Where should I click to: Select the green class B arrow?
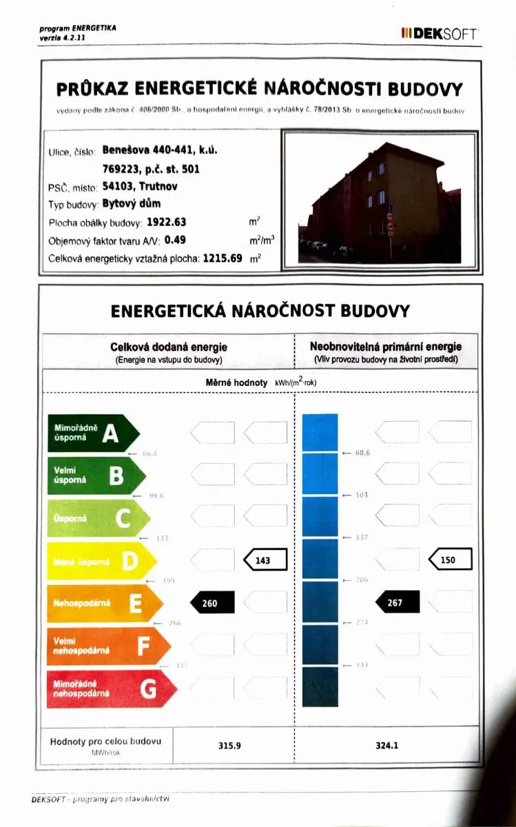(x=96, y=476)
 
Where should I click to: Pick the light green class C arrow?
(x=98, y=519)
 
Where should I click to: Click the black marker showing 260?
(x=212, y=603)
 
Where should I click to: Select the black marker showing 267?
(x=398, y=603)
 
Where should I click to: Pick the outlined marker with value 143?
(x=265, y=560)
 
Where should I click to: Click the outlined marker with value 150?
(x=451, y=560)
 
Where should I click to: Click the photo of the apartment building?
(x=380, y=198)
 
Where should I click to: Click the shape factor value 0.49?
(x=176, y=241)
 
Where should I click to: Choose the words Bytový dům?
(x=132, y=203)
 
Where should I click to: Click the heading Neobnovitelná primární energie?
(x=386, y=347)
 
